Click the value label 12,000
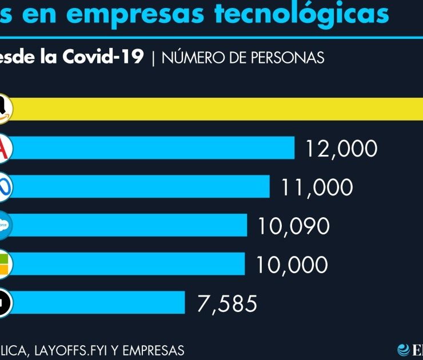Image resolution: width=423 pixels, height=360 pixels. click(x=341, y=149)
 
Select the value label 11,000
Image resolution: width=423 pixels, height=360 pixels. click(x=317, y=187)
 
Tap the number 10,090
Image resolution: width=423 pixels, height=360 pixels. click(x=293, y=226)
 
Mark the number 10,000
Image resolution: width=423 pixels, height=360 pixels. click(x=292, y=265)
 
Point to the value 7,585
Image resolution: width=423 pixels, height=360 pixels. click(x=227, y=303)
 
